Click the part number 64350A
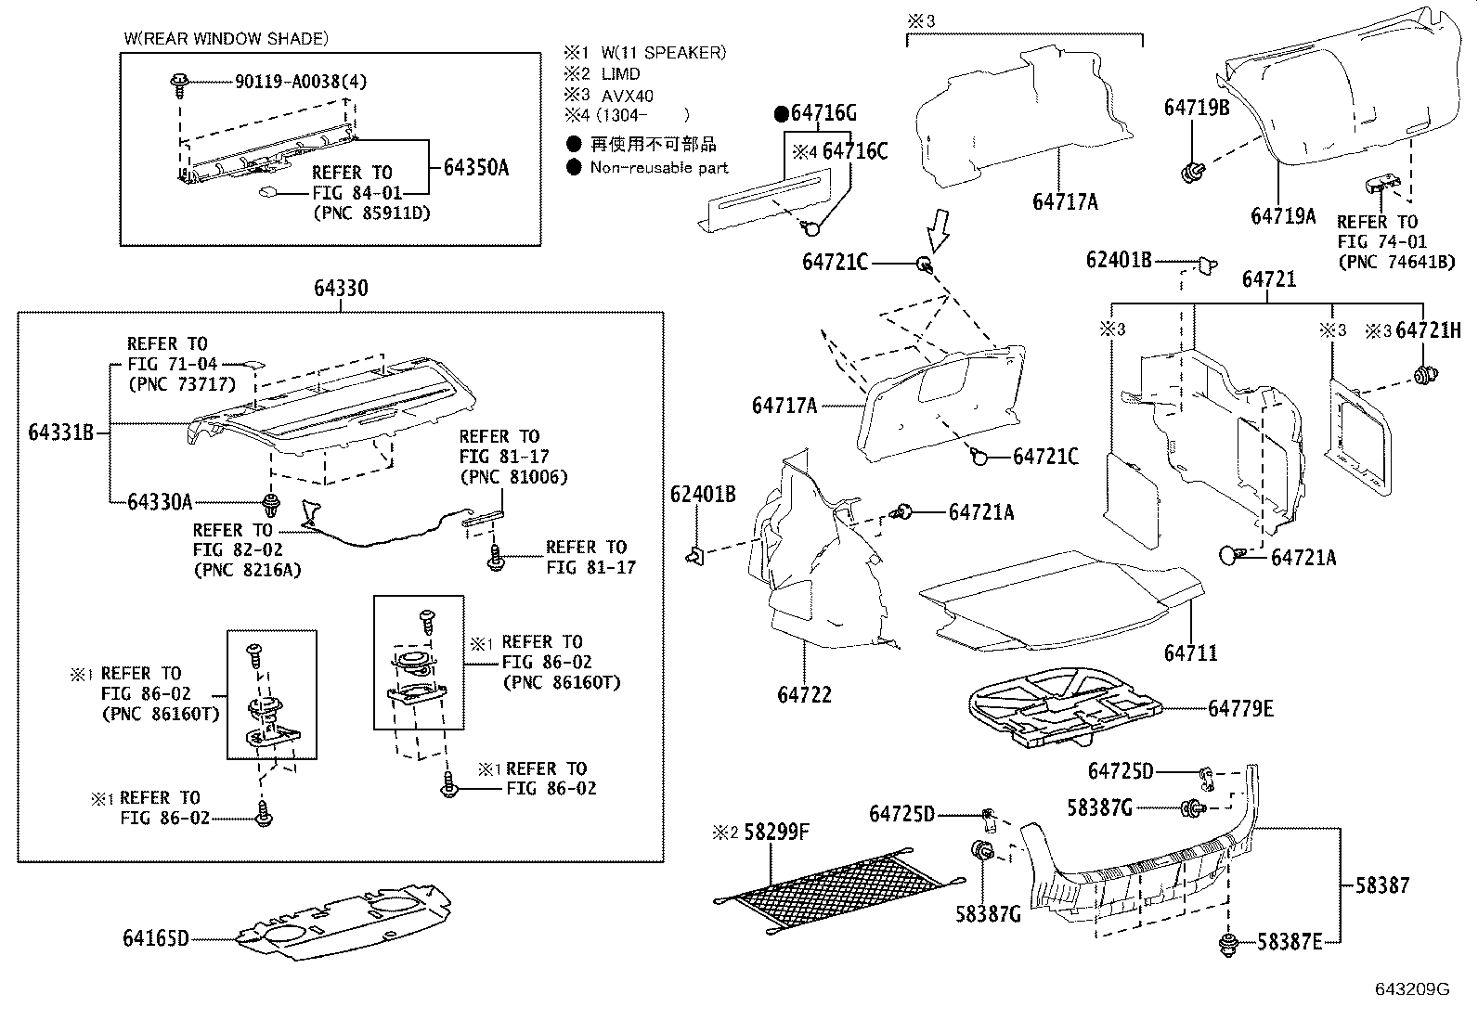pos(475,167)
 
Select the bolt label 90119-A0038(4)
pos(299,82)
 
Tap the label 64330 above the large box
pos(340,288)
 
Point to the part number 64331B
pos(60,432)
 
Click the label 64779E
pos(1240,709)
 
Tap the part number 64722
pos(804,694)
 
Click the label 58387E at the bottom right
pos(1289,942)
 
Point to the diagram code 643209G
pos(1411,989)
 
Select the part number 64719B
pos(1196,108)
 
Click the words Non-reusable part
pos(658,168)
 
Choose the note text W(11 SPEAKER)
pos(663,53)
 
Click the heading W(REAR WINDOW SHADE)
pos(226,39)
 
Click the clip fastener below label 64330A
pos(271,506)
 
